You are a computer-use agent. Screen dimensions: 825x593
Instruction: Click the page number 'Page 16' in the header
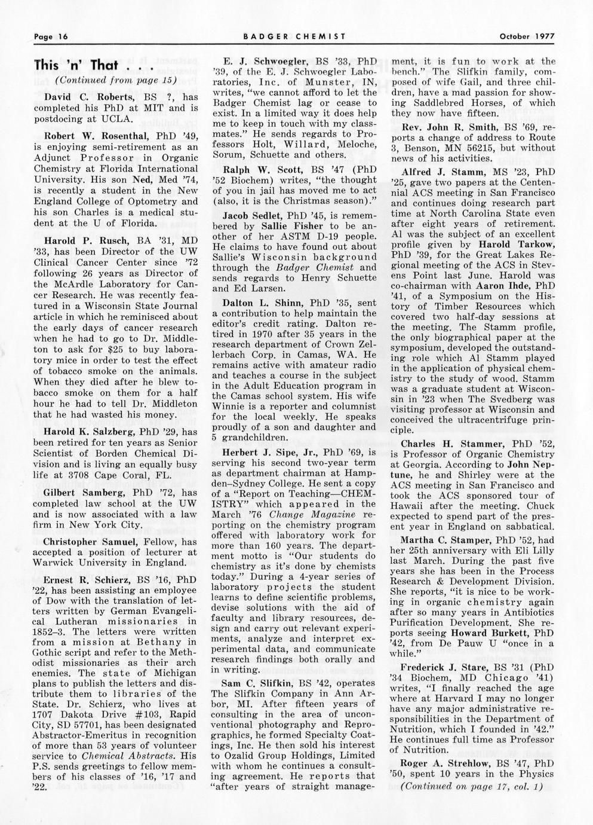(x=51, y=36)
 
